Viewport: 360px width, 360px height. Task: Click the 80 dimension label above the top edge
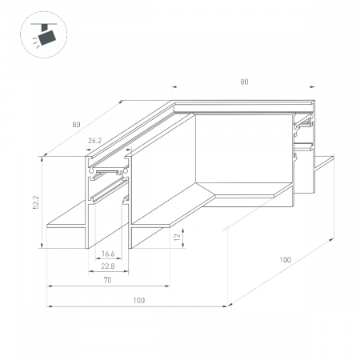[244, 82]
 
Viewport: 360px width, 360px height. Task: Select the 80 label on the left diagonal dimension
[76, 125]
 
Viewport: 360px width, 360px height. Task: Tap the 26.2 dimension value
[95, 141]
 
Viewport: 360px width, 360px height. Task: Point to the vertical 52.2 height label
[36, 202]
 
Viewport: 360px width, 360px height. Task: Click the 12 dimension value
[177, 237]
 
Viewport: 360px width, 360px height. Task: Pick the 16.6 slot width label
[108, 254]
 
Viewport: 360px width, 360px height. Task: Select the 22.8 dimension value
[108, 266]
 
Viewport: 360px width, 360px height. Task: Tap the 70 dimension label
[107, 280]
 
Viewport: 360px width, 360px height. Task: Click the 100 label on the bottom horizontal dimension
[139, 301]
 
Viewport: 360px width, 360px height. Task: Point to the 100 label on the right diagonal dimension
[286, 260]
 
